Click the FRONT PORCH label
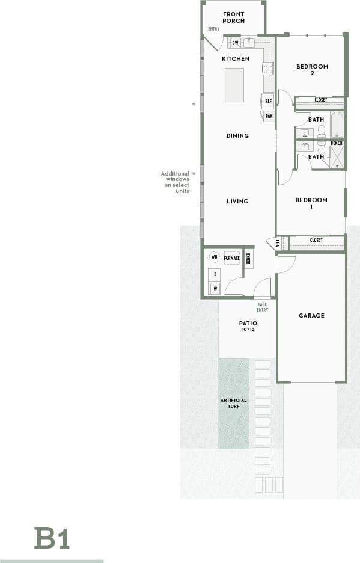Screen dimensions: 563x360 pyautogui.click(x=233, y=17)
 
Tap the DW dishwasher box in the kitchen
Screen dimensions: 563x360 pyautogui.click(x=235, y=43)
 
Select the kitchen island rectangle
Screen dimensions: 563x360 pyautogui.click(x=234, y=85)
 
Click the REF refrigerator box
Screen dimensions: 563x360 pyautogui.click(x=268, y=102)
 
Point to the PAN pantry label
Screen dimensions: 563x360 pyautogui.click(x=269, y=116)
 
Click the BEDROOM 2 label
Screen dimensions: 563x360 pyautogui.click(x=312, y=70)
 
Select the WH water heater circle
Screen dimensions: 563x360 pyautogui.click(x=213, y=257)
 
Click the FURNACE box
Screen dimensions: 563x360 pyautogui.click(x=232, y=258)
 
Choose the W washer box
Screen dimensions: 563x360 pyautogui.click(x=214, y=288)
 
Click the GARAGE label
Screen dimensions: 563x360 pyautogui.click(x=311, y=315)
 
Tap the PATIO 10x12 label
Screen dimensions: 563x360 pyautogui.click(x=248, y=326)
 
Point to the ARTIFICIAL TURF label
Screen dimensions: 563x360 pyautogui.click(x=233, y=403)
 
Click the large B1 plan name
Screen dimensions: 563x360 pyautogui.click(x=52, y=538)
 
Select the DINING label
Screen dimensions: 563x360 pyautogui.click(x=237, y=136)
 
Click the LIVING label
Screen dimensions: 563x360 pyautogui.click(x=237, y=201)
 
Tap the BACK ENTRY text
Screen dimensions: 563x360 pyautogui.click(x=262, y=307)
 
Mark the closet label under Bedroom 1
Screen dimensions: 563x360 pyautogui.click(x=316, y=240)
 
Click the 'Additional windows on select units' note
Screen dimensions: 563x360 pyautogui.click(x=175, y=182)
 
